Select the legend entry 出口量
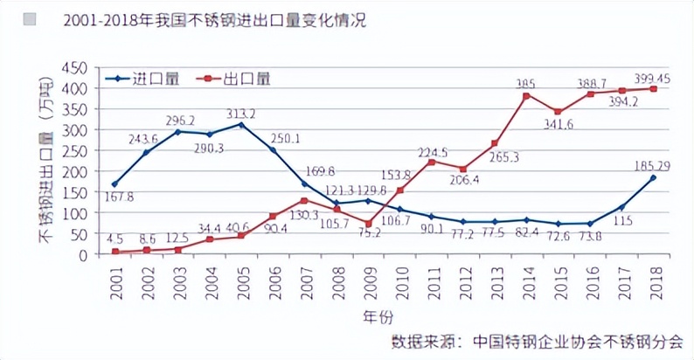point(247,79)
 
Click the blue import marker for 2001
point(115,184)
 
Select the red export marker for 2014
point(526,95)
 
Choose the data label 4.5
point(115,238)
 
